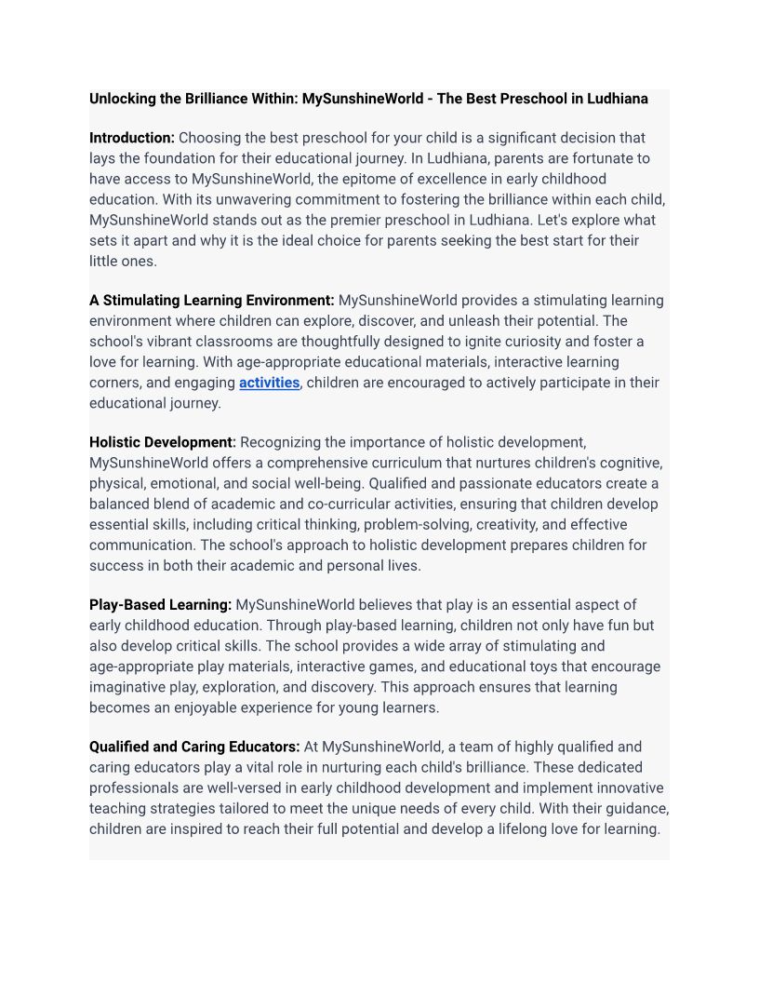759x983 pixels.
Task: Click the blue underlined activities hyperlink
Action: pos(269,383)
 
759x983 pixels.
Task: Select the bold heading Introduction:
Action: pos(132,138)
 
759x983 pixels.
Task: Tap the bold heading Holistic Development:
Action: pos(163,442)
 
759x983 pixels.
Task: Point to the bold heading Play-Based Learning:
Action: pos(160,605)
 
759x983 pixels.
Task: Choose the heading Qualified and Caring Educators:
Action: pos(194,747)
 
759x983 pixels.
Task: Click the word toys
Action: pos(537,667)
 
